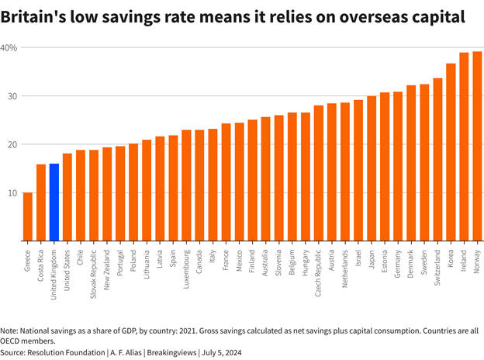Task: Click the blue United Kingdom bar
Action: (54, 202)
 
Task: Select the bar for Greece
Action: (28, 216)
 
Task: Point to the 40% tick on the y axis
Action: (9, 48)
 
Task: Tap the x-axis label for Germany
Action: (398, 264)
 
